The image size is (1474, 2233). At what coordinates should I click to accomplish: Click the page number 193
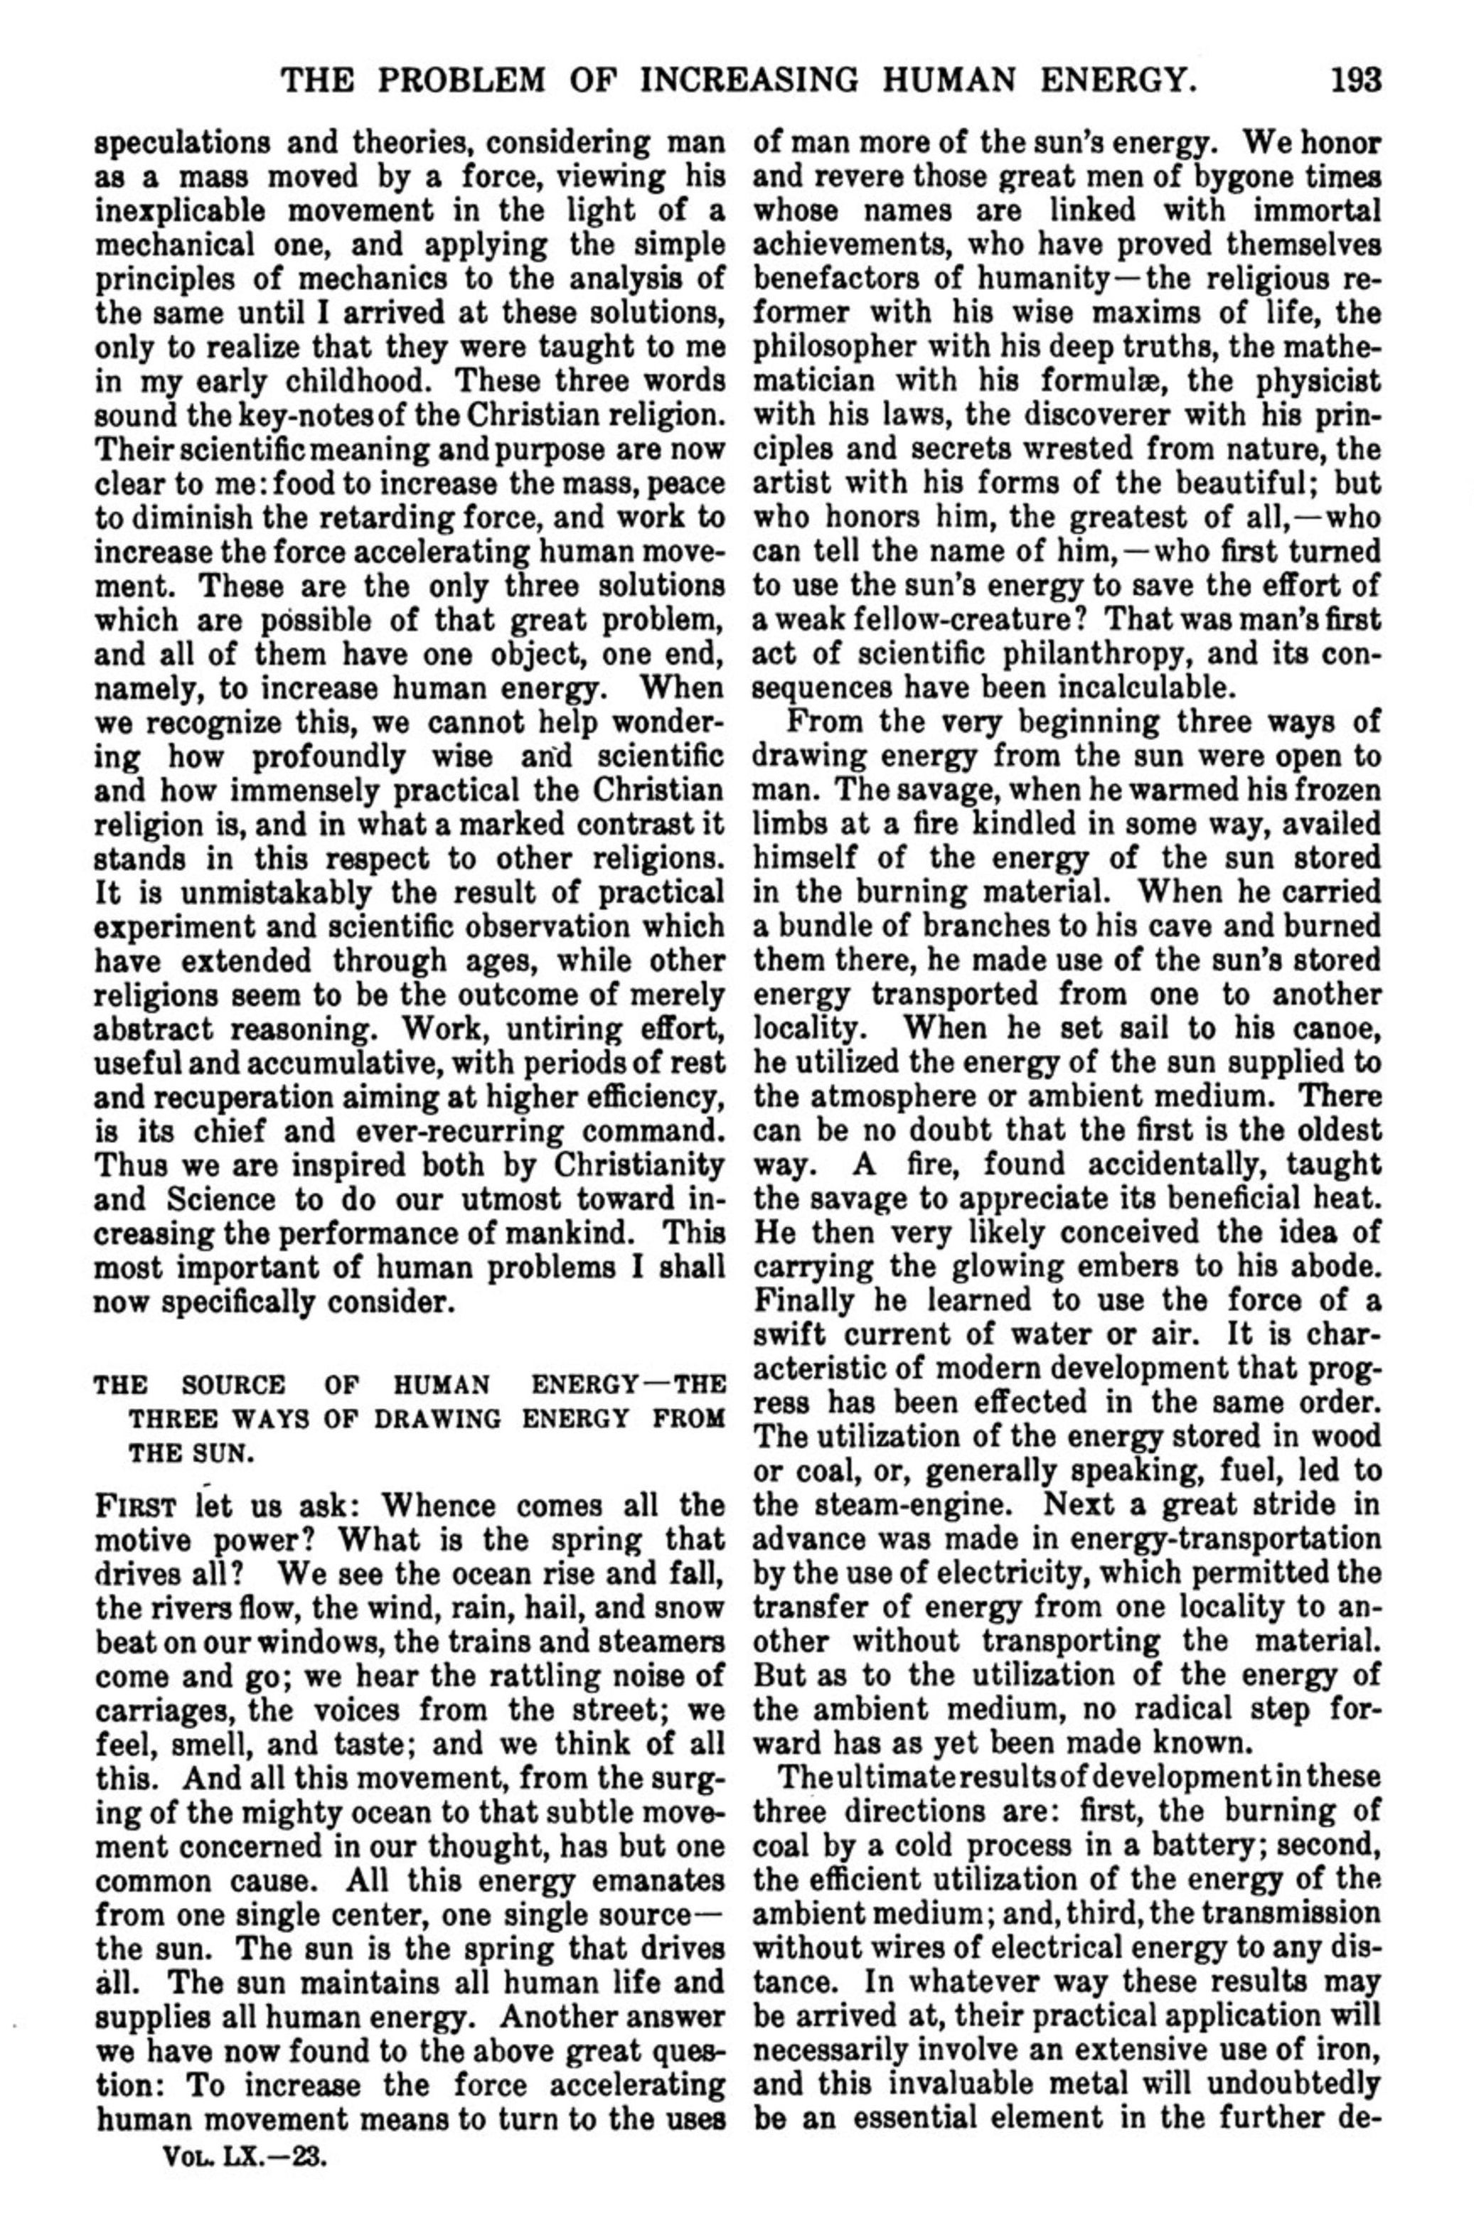pyautogui.click(x=1355, y=79)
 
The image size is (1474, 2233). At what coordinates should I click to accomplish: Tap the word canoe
pyautogui.click(x=1331, y=1027)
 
